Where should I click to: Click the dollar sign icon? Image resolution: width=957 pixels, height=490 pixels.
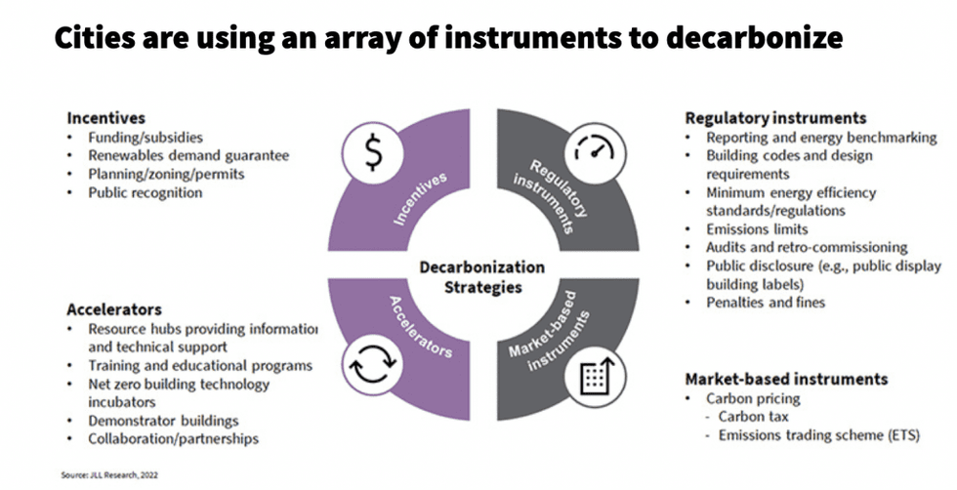pyautogui.click(x=373, y=152)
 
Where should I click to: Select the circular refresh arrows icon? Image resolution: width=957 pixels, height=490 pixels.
pyautogui.click(x=372, y=365)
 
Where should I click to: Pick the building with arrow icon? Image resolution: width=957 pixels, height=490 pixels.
pyautogui.click(x=595, y=378)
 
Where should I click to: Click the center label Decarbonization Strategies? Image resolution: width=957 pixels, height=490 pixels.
pyautogui.click(x=482, y=277)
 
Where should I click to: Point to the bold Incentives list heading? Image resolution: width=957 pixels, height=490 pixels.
pyautogui.click(x=106, y=118)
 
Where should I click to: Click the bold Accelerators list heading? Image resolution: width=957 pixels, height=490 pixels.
pyautogui.click(x=114, y=309)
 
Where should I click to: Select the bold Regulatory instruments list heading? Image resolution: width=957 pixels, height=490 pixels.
pyautogui.click(x=775, y=118)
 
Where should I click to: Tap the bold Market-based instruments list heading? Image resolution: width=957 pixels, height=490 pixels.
pyautogui.click(x=786, y=379)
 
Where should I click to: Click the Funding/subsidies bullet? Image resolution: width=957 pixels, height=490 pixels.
pyautogui.click(x=146, y=138)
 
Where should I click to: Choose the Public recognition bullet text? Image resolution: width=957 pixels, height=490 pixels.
pyautogui.click(x=146, y=193)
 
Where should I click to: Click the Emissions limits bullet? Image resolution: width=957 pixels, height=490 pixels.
pyautogui.click(x=757, y=229)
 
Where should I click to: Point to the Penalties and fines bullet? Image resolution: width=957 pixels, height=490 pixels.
pyautogui.click(x=766, y=303)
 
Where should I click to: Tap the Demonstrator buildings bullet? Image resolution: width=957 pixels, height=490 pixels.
pyautogui.click(x=163, y=421)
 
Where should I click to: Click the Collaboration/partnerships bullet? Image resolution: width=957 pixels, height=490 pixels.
pyautogui.click(x=174, y=438)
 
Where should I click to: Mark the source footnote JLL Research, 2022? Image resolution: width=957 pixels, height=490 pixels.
pyautogui.click(x=109, y=474)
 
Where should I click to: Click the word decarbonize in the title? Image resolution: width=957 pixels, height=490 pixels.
pyautogui.click(x=754, y=38)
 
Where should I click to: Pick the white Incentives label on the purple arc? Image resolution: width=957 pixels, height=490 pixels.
pyautogui.click(x=420, y=199)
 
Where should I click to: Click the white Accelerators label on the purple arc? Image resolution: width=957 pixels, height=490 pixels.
pyautogui.click(x=421, y=326)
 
